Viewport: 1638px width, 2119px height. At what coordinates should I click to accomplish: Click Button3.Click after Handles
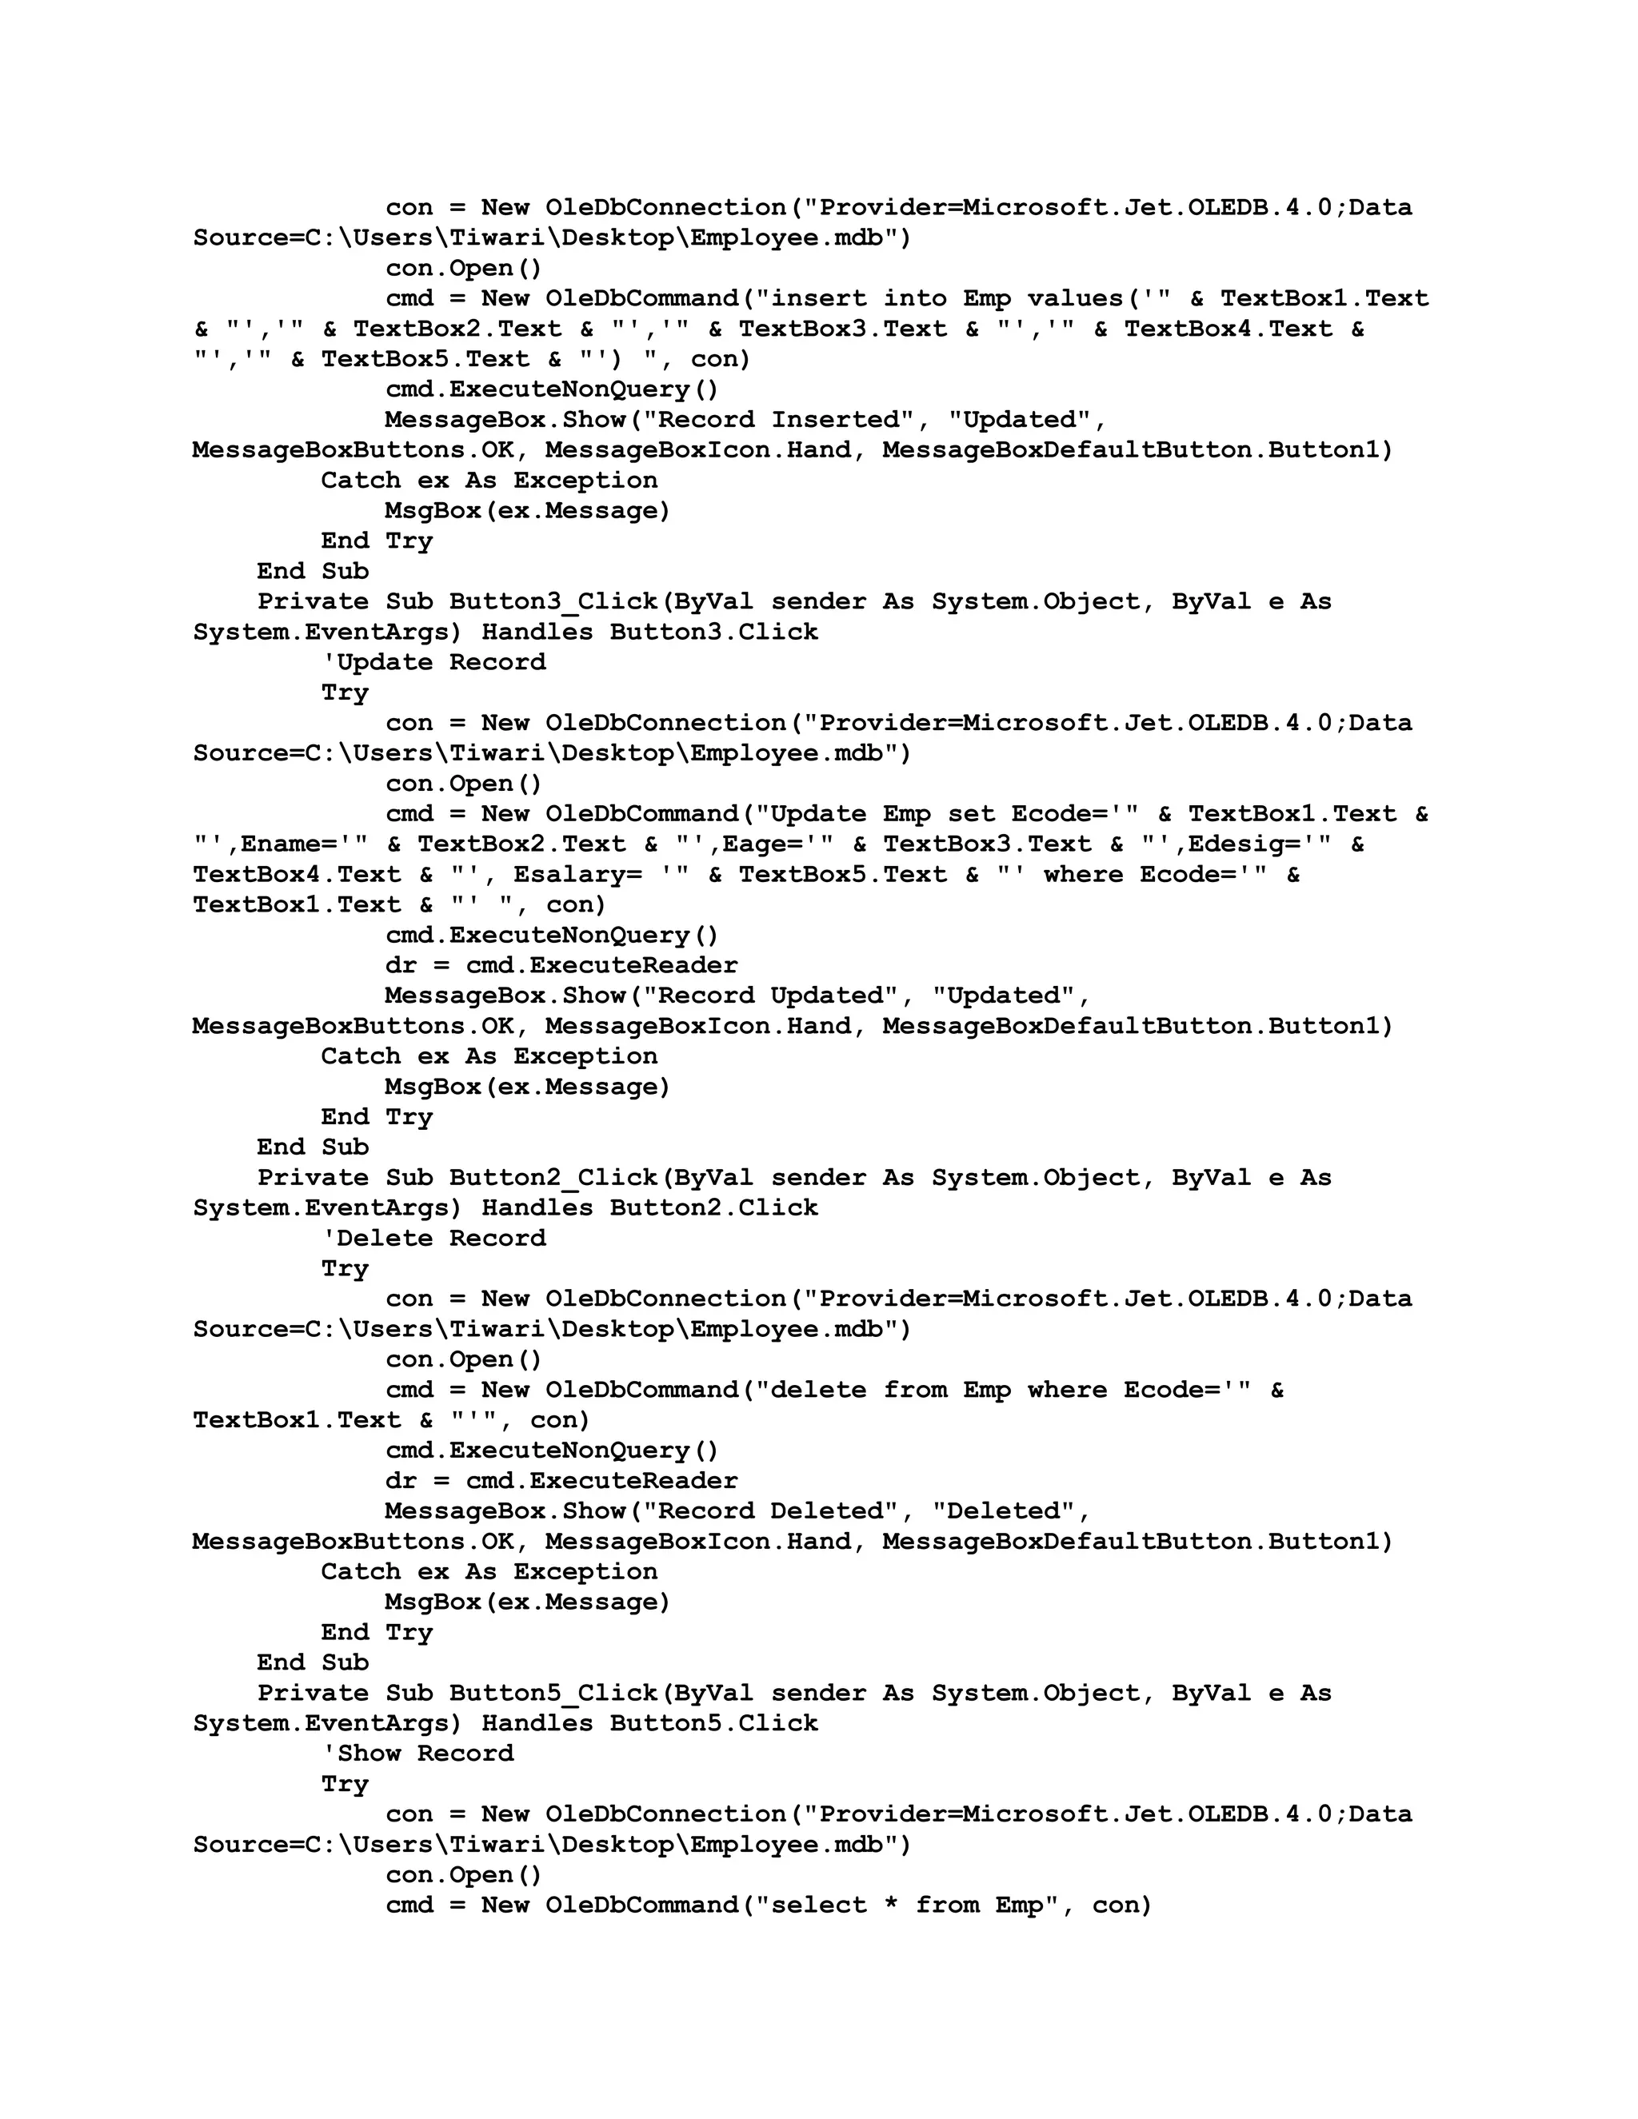713,633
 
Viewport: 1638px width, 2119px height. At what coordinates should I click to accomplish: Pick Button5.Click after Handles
713,1723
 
